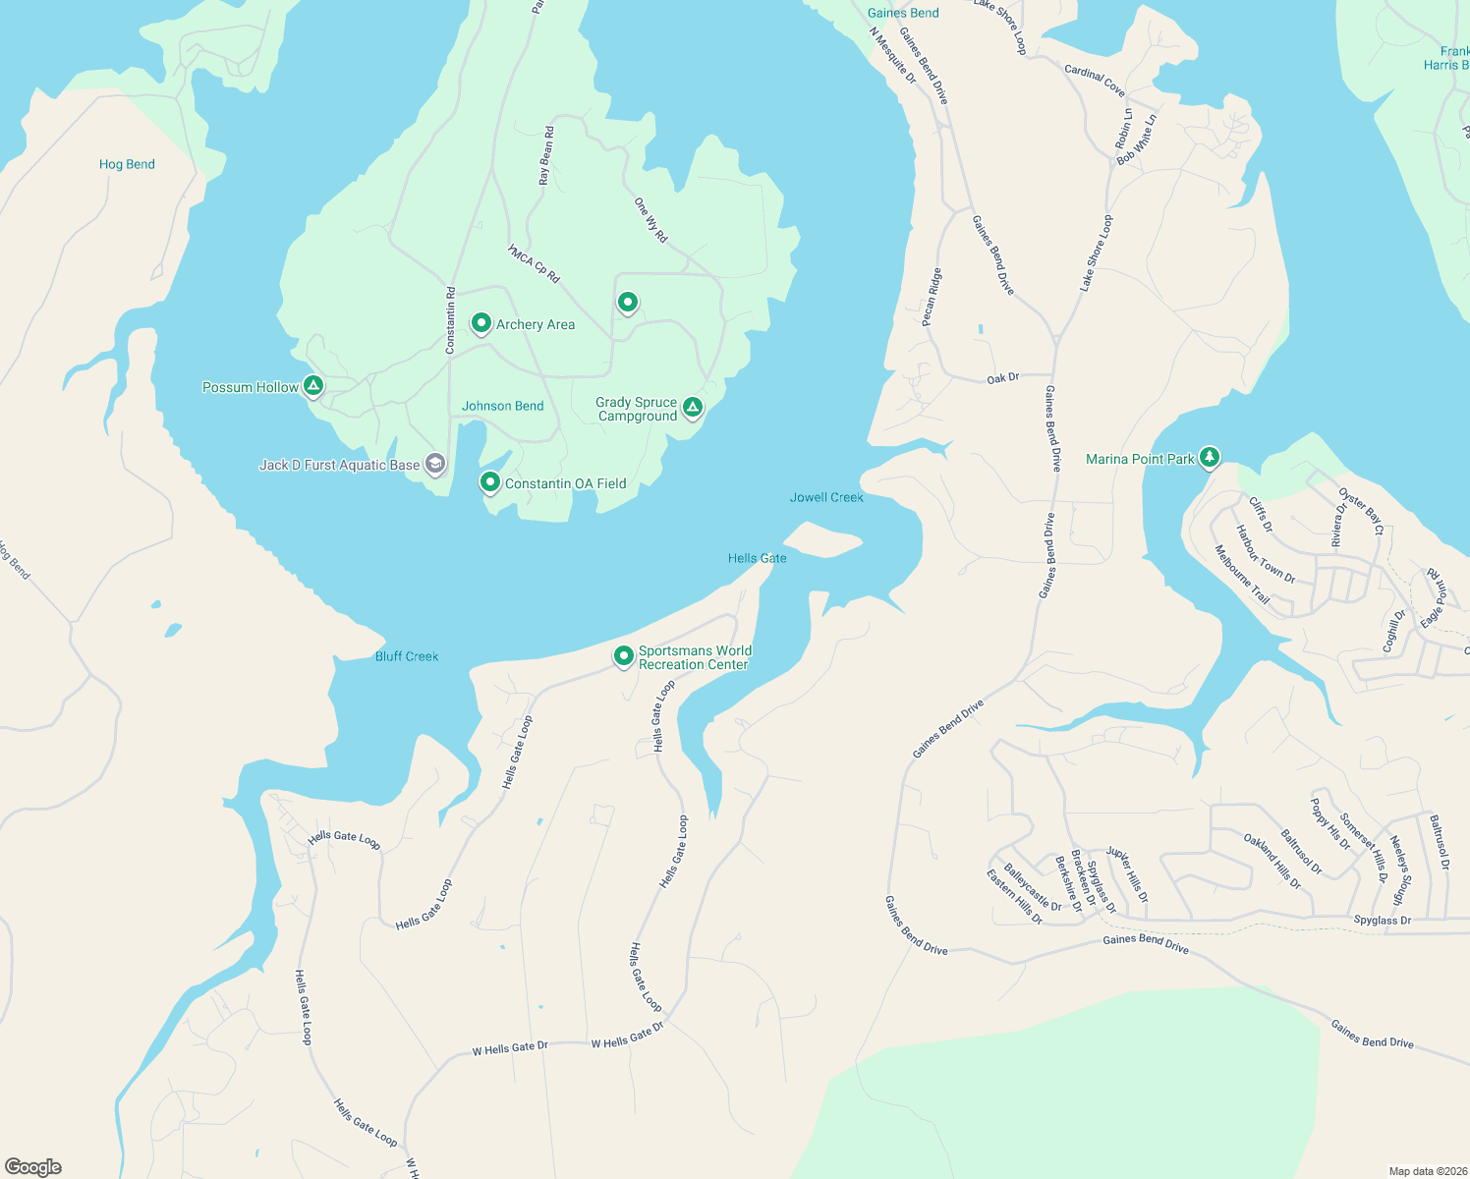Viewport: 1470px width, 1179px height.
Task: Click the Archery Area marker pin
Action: (x=481, y=323)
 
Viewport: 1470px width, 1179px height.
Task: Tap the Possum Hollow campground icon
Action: (x=313, y=386)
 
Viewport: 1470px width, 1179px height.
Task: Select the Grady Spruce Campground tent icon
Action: (x=693, y=407)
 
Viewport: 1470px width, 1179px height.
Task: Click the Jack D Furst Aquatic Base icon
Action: (x=435, y=465)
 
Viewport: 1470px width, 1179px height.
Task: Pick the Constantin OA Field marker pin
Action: (x=489, y=482)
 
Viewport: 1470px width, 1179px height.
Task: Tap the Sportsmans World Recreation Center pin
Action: (x=623, y=655)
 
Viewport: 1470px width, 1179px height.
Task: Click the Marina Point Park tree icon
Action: (x=1210, y=457)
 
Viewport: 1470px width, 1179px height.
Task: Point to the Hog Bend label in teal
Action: (x=127, y=164)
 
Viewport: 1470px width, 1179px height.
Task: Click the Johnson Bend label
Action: (x=502, y=406)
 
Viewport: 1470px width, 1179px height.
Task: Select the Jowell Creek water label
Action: (x=826, y=497)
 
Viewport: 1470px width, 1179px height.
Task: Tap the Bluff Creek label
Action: (x=407, y=656)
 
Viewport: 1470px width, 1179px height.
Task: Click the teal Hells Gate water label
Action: (x=757, y=558)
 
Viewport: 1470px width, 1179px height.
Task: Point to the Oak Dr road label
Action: (x=1003, y=378)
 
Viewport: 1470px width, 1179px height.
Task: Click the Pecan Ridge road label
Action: (x=932, y=297)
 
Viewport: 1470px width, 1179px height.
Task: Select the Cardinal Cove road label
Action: (x=1095, y=81)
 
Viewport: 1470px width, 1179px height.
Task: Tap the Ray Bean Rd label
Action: (x=545, y=155)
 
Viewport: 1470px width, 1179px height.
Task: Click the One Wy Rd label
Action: (x=650, y=220)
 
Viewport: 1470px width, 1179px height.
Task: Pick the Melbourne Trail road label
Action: (x=1242, y=575)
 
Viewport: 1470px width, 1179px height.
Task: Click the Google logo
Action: (x=33, y=1167)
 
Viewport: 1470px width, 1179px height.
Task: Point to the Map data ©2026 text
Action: (x=1427, y=1171)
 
